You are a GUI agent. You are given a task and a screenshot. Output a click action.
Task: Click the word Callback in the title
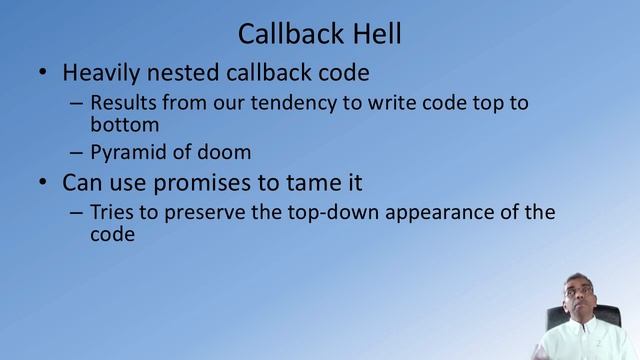[284, 34]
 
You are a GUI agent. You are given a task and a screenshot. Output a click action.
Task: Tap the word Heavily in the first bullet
[99, 73]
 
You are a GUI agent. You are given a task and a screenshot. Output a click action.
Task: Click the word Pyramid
[127, 153]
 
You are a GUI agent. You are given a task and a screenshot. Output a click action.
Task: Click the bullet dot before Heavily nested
[42, 74]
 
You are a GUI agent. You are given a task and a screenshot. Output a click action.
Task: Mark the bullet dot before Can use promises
[42, 184]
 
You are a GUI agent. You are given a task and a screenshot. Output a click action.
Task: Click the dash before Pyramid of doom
[77, 153]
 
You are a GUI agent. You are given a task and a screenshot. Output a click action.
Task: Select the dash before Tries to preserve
[77, 213]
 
